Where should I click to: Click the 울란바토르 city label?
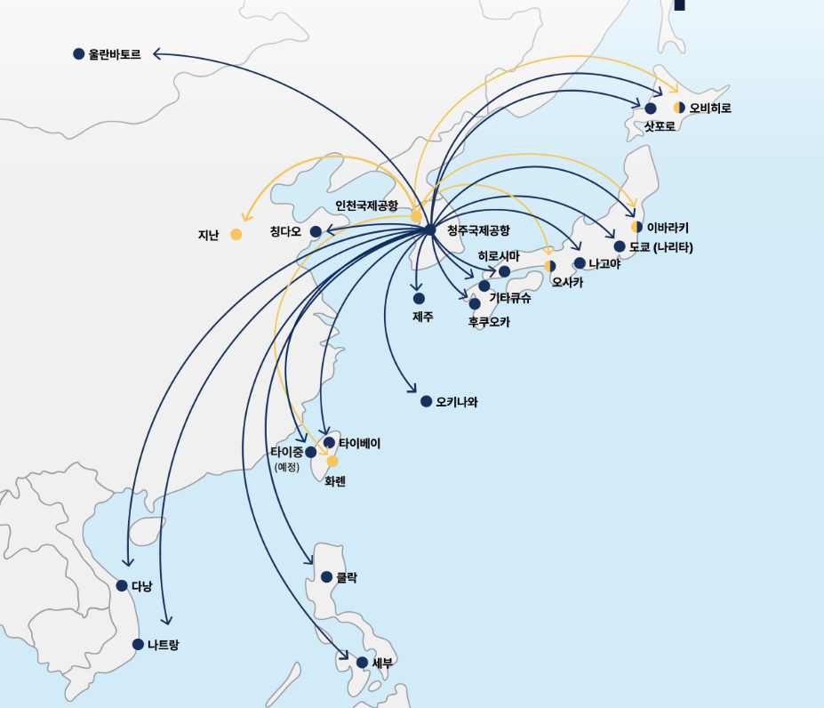coord(115,54)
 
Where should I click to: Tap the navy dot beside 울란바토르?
coord(78,54)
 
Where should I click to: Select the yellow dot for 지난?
coord(236,235)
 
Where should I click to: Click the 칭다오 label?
coord(285,232)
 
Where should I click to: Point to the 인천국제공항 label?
coord(366,205)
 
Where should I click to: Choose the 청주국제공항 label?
coord(478,230)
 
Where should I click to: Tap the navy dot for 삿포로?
coord(651,109)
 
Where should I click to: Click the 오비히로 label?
coord(710,108)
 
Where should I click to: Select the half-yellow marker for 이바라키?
coord(636,227)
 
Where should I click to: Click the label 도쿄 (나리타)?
coord(660,246)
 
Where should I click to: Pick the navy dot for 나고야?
coord(580,263)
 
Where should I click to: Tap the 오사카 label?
coord(567,283)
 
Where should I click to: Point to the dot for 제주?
coord(419,299)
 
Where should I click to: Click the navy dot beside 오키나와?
coord(427,402)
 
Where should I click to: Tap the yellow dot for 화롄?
coord(332,461)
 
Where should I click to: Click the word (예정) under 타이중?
coord(287,467)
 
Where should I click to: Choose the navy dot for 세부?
coord(362,663)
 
